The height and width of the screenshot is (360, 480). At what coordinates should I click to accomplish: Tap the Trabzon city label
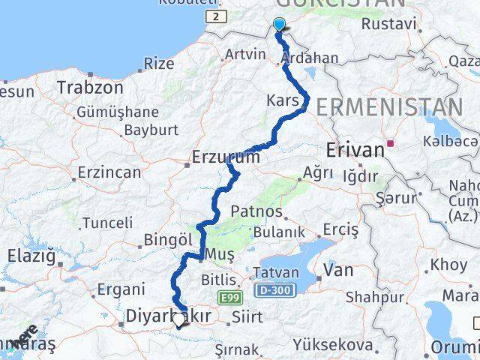(89, 87)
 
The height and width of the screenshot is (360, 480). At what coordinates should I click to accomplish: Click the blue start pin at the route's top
(279, 25)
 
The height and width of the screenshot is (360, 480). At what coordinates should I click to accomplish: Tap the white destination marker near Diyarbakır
(178, 321)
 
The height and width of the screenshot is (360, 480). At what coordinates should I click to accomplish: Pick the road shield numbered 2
(216, 16)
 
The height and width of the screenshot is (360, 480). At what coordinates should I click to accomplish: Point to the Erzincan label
(109, 172)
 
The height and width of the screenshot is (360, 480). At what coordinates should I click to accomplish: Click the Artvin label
(244, 54)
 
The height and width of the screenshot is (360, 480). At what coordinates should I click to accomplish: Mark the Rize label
(158, 63)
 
